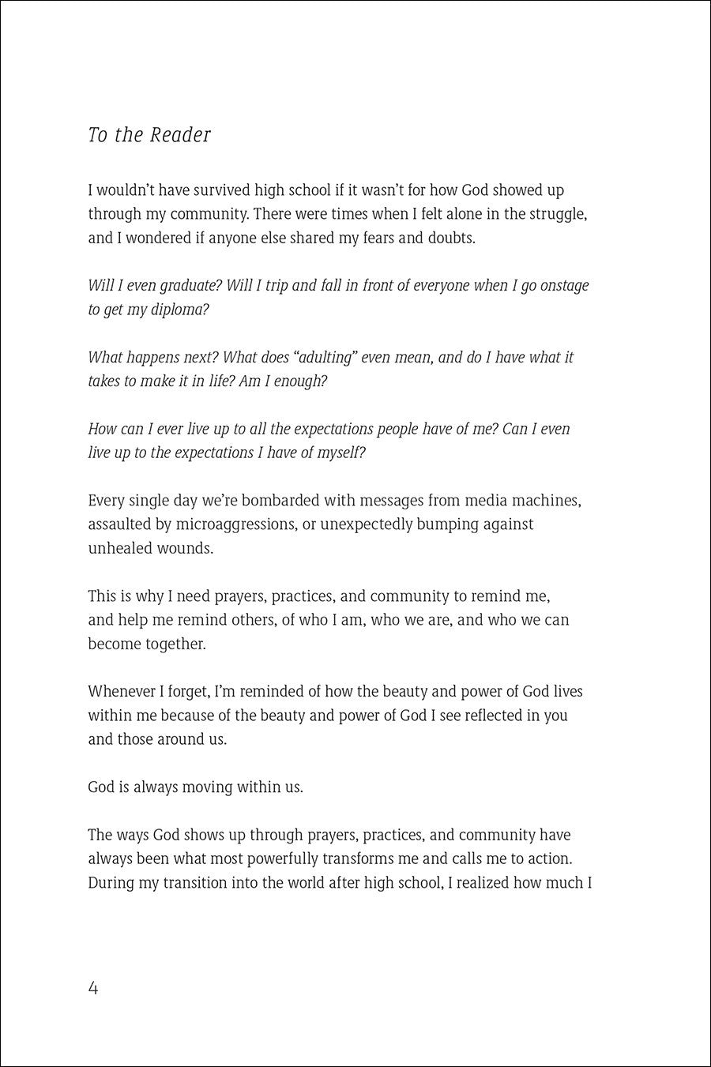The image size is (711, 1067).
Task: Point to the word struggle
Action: point(555,214)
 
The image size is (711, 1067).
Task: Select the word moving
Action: point(207,787)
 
